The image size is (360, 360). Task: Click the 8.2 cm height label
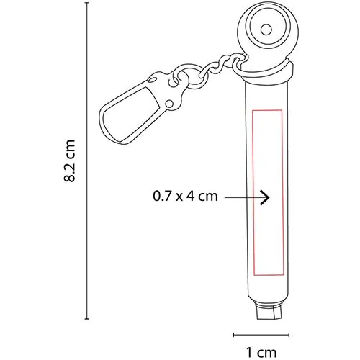click(x=70, y=161)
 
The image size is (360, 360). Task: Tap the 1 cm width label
click(x=261, y=353)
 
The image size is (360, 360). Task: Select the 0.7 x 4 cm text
click(x=185, y=196)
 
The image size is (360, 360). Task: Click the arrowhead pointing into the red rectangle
click(x=266, y=197)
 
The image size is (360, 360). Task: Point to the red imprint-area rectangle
click(x=253, y=192)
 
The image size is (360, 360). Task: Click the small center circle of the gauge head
click(x=266, y=30)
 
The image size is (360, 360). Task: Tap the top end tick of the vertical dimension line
click(x=87, y=3)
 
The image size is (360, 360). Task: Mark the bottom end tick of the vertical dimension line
click(x=87, y=319)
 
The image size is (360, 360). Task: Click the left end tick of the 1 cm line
click(x=234, y=335)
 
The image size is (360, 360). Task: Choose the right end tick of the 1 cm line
click(x=289, y=335)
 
